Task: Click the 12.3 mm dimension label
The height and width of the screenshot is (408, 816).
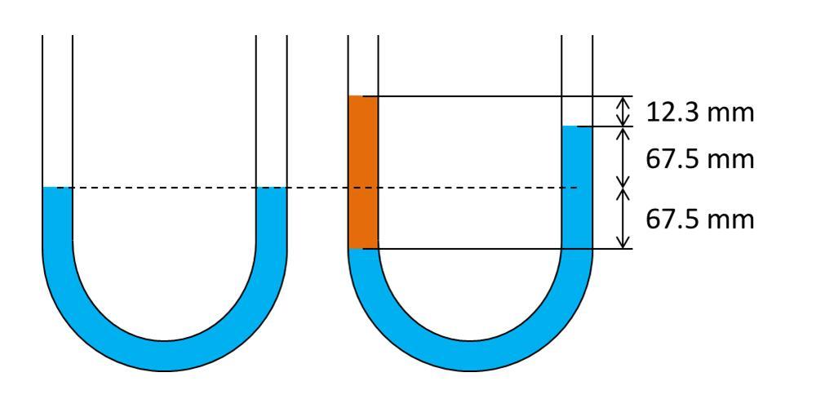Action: (x=700, y=113)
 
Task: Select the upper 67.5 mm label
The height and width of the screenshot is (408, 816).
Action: (x=700, y=159)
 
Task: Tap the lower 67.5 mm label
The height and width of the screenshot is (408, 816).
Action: (x=700, y=219)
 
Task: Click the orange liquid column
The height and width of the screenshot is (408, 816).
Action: (x=363, y=172)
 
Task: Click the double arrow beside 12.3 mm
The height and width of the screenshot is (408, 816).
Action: (x=623, y=111)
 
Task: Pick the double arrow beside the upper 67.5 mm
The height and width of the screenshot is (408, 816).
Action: (x=623, y=157)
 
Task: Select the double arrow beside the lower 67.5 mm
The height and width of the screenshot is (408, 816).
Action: (x=623, y=218)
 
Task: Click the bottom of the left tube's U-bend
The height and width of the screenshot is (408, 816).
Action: (x=165, y=356)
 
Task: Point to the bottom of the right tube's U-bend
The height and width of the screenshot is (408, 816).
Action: (x=470, y=356)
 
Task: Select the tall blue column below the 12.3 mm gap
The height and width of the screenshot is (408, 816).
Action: (x=577, y=188)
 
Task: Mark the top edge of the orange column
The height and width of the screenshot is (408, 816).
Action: (x=363, y=96)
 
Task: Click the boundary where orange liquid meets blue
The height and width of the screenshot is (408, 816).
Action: (x=363, y=249)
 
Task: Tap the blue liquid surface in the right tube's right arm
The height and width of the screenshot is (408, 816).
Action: (x=577, y=126)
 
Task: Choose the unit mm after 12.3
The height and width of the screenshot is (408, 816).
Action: (x=731, y=114)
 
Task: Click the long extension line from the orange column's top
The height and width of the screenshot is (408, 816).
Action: (x=498, y=96)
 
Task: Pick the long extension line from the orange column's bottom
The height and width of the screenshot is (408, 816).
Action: (x=498, y=249)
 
